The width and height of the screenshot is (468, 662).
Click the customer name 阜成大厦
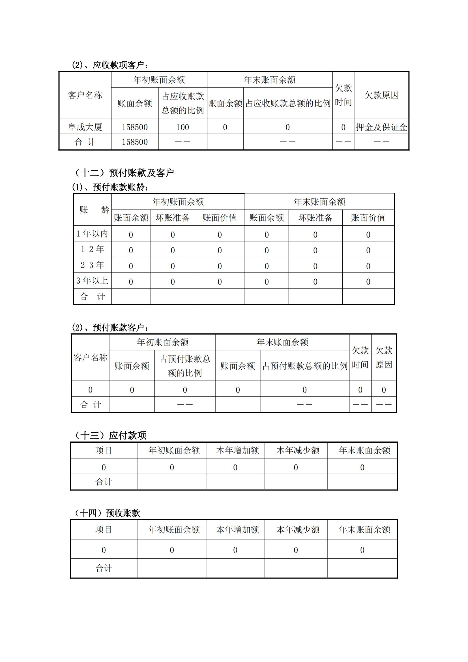click(x=85, y=127)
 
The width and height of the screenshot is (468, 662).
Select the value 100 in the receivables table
click(x=183, y=127)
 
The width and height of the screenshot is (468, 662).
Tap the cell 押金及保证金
click(x=381, y=127)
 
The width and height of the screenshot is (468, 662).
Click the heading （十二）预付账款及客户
click(x=124, y=173)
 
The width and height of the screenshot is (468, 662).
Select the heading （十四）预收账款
click(x=107, y=513)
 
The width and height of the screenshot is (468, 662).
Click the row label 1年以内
click(x=92, y=233)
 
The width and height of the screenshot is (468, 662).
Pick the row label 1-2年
click(x=92, y=249)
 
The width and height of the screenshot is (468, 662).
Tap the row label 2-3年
click(x=92, y=265)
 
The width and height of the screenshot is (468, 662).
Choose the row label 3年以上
click(x=92, y=280)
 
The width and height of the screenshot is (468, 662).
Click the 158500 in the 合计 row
click(x=135, y=142)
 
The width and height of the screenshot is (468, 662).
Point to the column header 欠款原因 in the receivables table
click(x=381, y=95)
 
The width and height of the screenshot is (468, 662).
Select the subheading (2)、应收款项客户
click(x=111, y=65)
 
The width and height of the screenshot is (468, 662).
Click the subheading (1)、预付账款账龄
click(x=111, y=187)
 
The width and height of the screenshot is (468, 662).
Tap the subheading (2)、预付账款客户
click(x=111, y=327)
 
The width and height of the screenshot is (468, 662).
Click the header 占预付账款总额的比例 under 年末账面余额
click(x=305, y=366)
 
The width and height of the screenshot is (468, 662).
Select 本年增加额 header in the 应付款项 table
click(x=237, y=450)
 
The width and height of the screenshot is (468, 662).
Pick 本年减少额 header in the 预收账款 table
click(x=298, y=529)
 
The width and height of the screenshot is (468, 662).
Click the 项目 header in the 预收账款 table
click(x=104, y=529)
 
